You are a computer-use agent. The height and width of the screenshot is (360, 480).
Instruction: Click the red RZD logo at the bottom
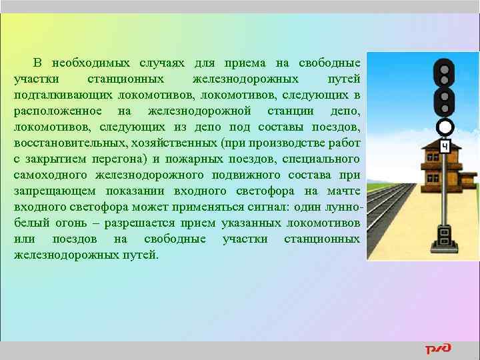click(x=438, y=349)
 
